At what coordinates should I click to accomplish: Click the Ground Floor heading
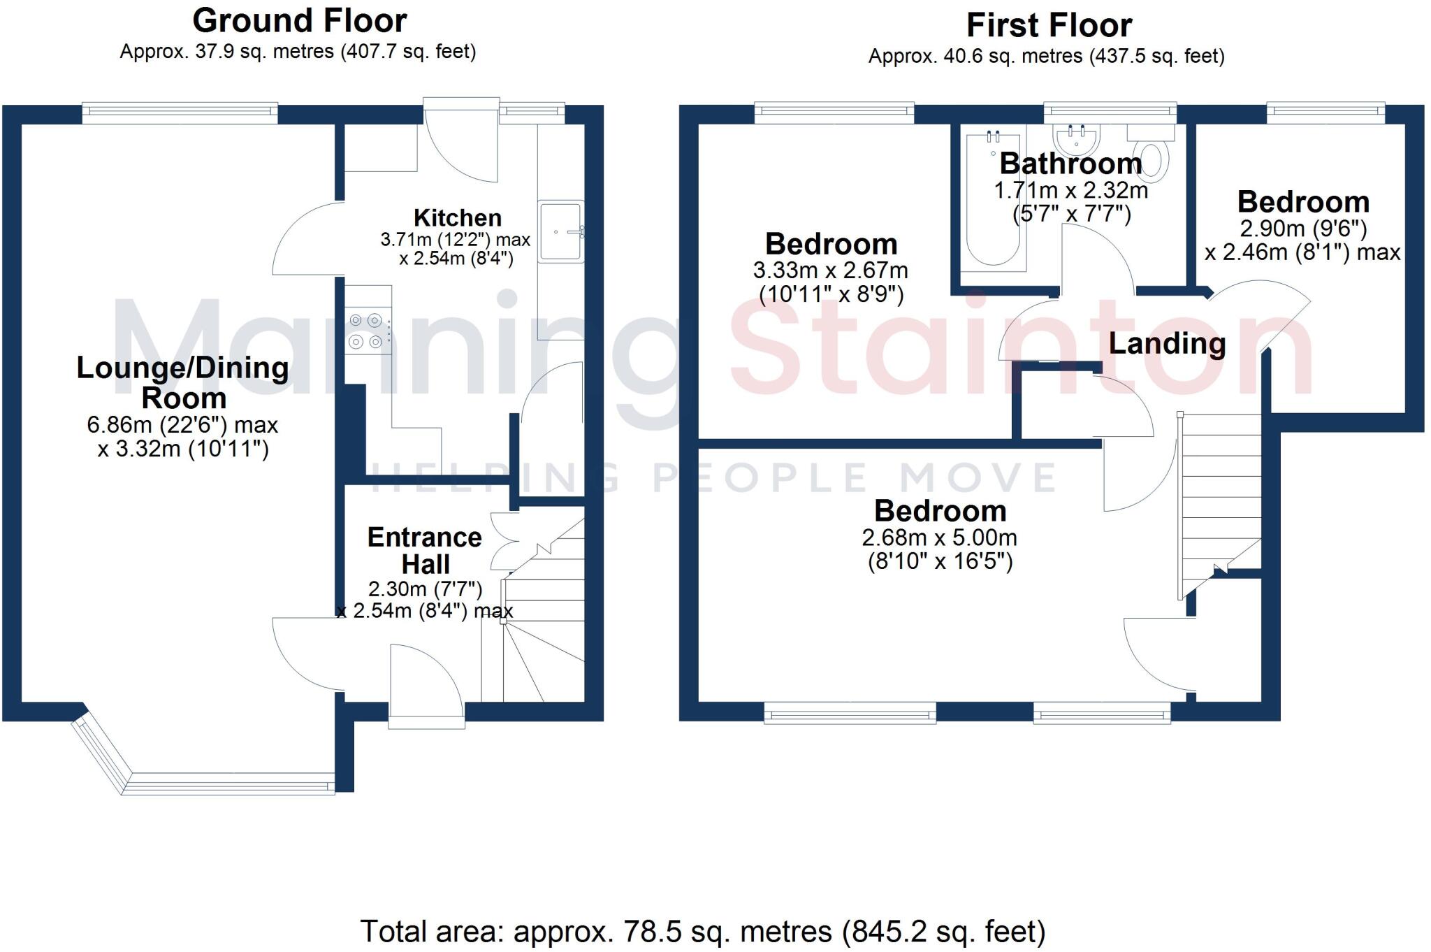299,21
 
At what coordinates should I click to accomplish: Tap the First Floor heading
1048,26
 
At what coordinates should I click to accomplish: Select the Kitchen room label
457,217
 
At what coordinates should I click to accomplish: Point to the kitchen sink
560,231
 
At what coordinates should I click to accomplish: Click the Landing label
1167,343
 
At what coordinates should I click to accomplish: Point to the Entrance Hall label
425,550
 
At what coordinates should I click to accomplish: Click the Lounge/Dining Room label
182,382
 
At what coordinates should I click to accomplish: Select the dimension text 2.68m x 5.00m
939,538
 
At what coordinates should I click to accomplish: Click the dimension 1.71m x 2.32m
1070,190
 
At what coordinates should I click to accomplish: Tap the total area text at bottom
702,931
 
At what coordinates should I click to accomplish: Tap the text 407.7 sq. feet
407,52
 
